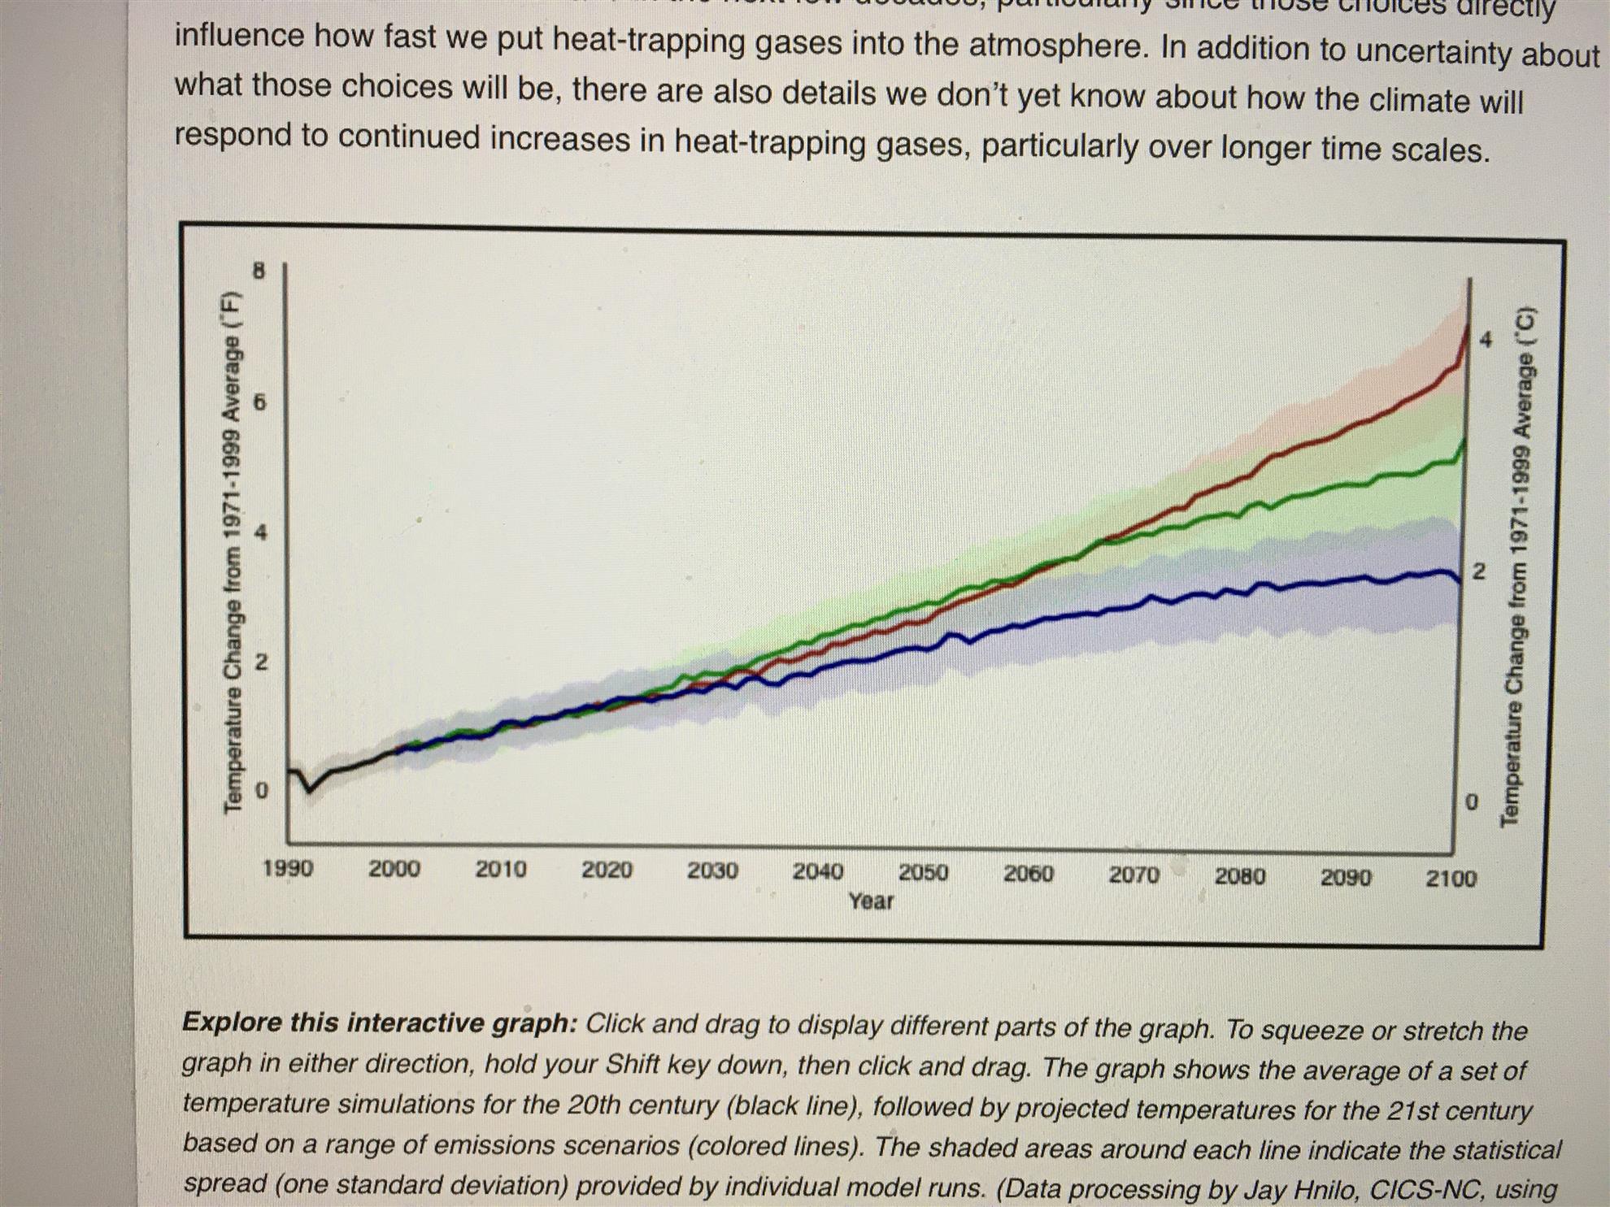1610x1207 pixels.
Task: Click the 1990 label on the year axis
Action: pos(288,868)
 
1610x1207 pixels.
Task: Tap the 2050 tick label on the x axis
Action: pos(923,872)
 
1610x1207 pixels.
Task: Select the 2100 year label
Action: pos(1451,878)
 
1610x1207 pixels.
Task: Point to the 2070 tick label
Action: pos(1134,875)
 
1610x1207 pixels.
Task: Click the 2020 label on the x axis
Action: pos(607,870)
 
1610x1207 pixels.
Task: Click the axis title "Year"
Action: pos(871,901)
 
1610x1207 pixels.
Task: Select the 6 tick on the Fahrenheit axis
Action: pos(259,402)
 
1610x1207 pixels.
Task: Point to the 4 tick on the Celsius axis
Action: pos(1486,340)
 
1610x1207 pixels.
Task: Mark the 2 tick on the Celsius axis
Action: pos(1479,571)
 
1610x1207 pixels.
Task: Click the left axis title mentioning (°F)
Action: pos(233,551)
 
